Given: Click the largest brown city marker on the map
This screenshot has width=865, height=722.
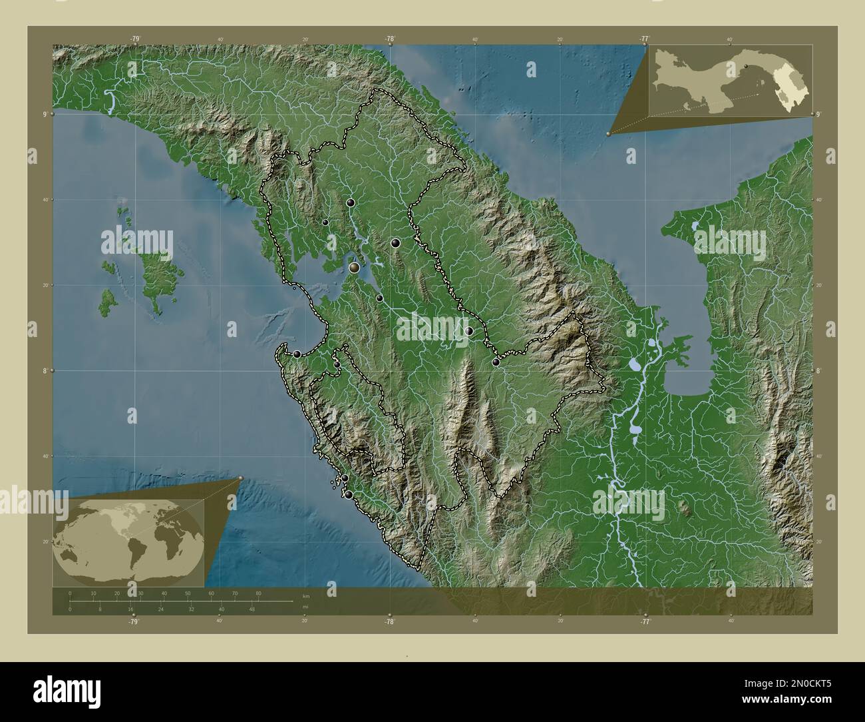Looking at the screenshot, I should (355, 268).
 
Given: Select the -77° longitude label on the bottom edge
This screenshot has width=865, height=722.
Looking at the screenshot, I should (645, 622).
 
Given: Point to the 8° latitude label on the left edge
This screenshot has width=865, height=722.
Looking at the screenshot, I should (45, 370).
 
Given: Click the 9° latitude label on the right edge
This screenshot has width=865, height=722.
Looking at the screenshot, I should (818, 115).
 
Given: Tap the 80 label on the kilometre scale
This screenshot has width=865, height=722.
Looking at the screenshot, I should (258, 593).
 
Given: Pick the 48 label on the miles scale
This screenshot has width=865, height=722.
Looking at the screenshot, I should (252, 609).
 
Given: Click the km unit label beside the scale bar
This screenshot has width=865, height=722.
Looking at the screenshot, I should (305, 595).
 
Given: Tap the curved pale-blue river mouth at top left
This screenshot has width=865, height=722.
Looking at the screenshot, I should (110, 102).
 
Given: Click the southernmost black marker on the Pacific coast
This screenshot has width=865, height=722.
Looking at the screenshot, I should (348, 495).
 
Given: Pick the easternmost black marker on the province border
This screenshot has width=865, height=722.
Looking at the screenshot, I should (496, 362).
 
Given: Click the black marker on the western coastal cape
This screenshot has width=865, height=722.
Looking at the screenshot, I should (297, 354).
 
